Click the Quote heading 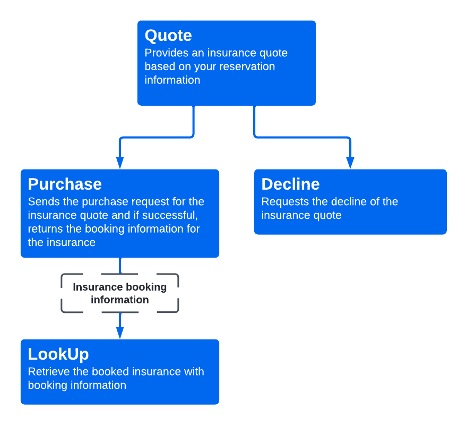[168, 36]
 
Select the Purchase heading [65, 184]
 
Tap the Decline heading [290, 184]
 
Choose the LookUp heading [58, 354]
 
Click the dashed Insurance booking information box [120, 293]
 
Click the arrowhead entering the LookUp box [120, 333]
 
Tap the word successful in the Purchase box [173, 215]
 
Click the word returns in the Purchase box [46, 229]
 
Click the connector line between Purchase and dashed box [120, 265]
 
